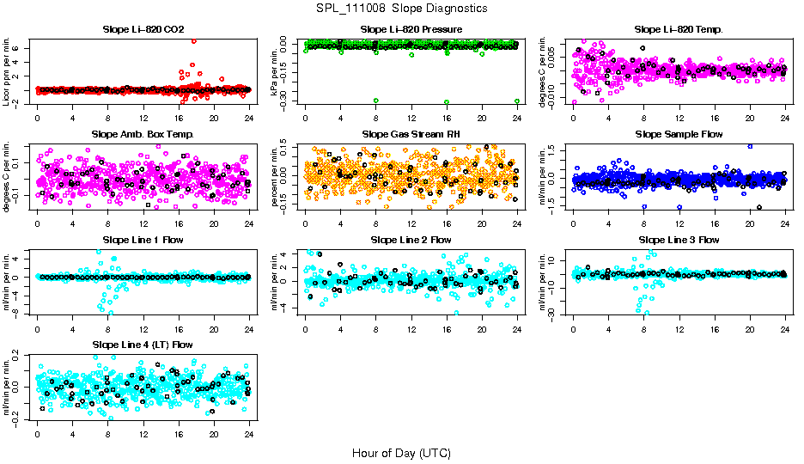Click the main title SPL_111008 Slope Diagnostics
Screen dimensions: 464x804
pos(401,8)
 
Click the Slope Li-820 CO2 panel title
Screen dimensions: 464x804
pos(142,29)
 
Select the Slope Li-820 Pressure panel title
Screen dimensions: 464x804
pos(411,29)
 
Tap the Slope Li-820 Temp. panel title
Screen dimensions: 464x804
pos(679,29)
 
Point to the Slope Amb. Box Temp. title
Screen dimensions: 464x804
pos(142,134)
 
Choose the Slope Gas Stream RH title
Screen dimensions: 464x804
pos(411,134)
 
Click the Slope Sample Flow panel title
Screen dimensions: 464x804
pos(679,134)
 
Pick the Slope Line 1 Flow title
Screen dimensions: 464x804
pos(142,240)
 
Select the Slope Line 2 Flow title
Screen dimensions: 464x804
pos(411,240)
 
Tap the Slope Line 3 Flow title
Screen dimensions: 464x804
pos(679,240)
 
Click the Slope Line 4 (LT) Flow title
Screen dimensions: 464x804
pos(142,345)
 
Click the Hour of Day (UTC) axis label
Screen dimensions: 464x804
pos(401,452)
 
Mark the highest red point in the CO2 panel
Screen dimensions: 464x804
pos(194,41)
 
